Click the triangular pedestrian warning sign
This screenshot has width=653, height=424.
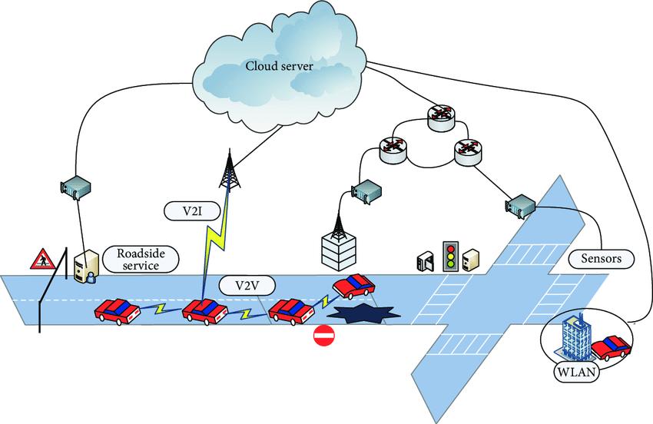[x=40, y=260]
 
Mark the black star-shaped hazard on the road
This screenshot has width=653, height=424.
[x=362, y=314]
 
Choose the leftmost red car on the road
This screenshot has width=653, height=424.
[x=116, y=310]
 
